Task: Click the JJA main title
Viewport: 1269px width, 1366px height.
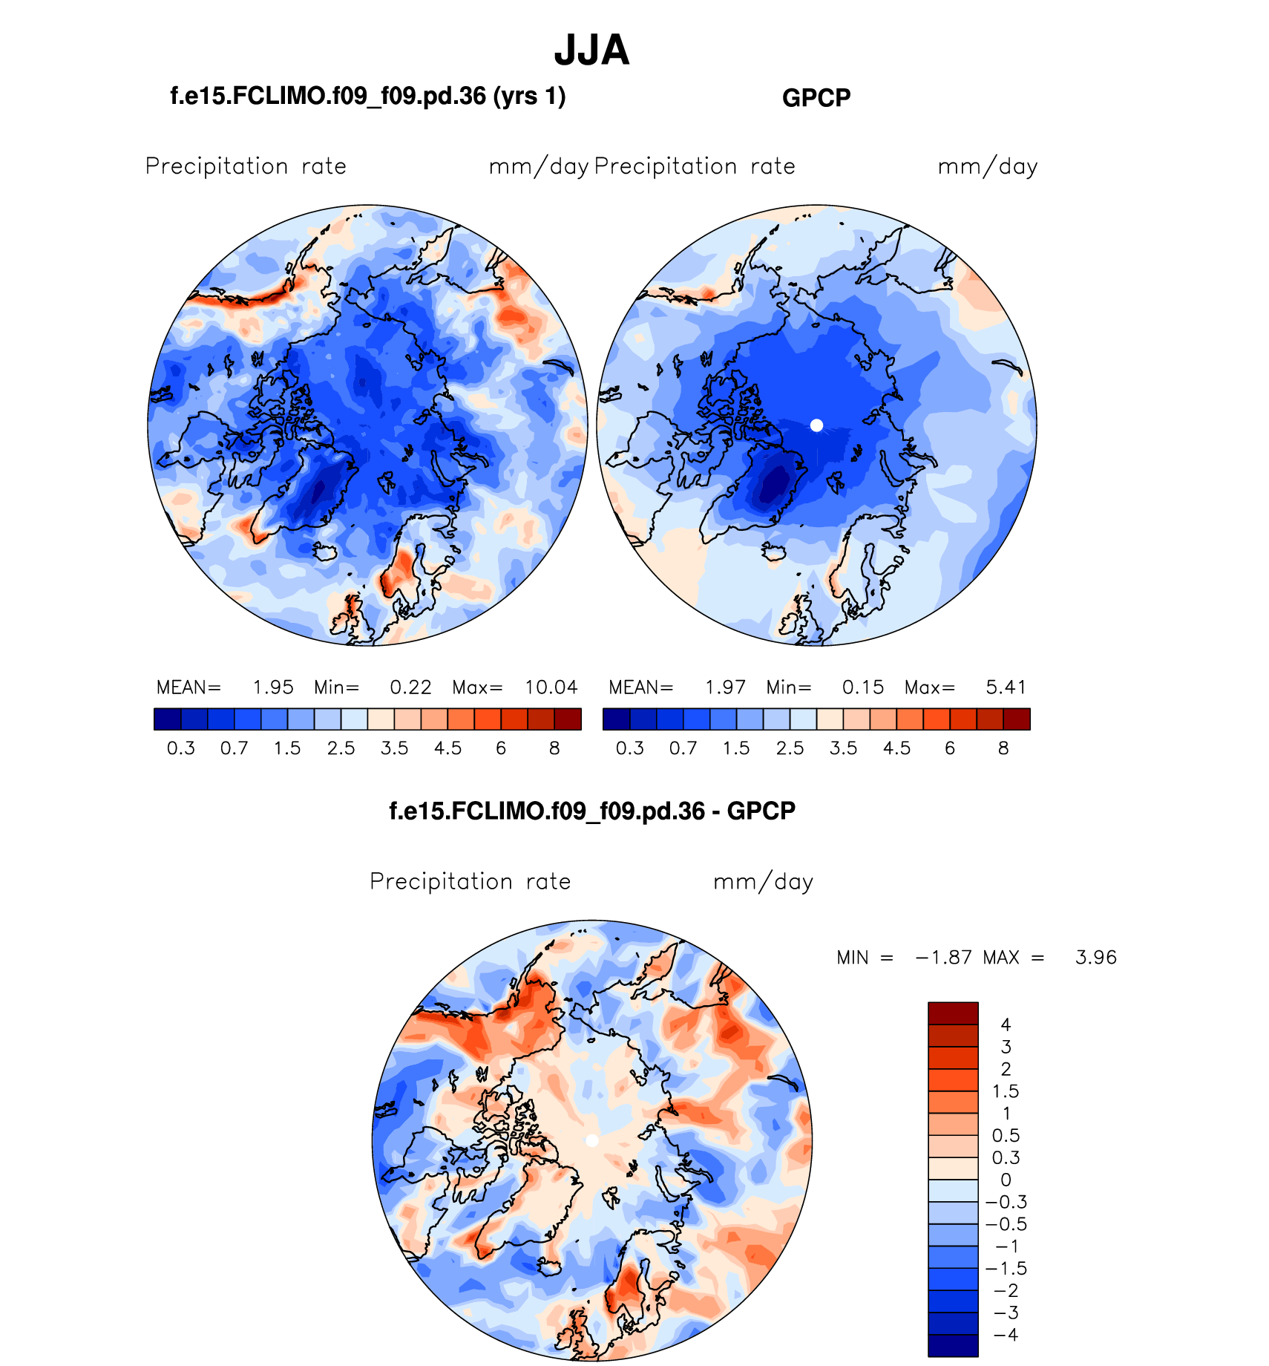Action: pos(591,50)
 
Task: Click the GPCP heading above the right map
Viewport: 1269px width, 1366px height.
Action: pos(816,98)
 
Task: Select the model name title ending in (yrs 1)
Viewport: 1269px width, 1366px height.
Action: pos(368,96)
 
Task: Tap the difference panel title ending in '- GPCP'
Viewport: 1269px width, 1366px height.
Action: pos(592,811)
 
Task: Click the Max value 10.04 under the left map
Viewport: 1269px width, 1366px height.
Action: pos(551,687)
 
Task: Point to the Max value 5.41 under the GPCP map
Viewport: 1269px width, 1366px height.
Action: pos(1006,687)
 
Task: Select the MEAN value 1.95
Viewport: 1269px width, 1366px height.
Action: pos(273,687)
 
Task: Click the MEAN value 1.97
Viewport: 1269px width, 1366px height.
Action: pos(725,687)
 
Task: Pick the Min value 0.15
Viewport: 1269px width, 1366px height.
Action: pos(863,687)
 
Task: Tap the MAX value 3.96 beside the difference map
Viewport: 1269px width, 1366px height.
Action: pos(1095,958)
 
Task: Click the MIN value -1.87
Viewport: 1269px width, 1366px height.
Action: pos(943,958)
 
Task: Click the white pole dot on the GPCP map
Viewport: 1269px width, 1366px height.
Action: pos(816,425)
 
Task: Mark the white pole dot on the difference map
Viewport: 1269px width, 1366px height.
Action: pos(591,1141)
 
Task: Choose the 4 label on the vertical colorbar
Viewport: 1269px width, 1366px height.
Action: pos(1006,1025)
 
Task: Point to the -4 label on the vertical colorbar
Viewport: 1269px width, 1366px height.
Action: pos(1006,1335)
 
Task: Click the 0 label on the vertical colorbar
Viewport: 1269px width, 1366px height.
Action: pos(1006,1180)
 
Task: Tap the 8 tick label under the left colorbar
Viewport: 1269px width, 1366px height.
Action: pos(554,748)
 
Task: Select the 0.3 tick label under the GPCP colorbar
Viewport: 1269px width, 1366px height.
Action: pos(630,748)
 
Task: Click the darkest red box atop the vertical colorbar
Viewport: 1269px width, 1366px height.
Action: pos(953,1013)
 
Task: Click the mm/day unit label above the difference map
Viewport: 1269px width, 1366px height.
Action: pos(763,882)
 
